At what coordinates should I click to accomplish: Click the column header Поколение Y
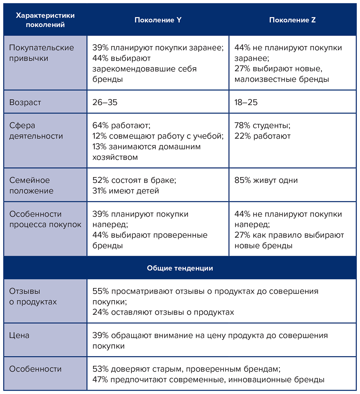coord(158,20)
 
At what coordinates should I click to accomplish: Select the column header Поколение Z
coord(292,20)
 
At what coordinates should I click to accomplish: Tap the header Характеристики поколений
coord(45,20)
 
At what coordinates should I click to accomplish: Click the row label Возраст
coord(25,102)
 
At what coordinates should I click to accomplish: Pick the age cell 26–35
coord(105,102)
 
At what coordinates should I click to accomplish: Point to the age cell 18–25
coord(246,102)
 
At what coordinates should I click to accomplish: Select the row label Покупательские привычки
coord(41,53)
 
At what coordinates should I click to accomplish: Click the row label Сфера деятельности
coord(36,131)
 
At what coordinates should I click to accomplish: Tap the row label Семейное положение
coord(31,185)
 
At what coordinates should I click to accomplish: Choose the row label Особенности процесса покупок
coord(45,219)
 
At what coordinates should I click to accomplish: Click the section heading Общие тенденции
coord(180,268)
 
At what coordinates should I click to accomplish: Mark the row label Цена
coord(19,335)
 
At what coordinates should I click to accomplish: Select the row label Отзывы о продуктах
coord(33,296)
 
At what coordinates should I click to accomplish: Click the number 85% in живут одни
coord(242,180)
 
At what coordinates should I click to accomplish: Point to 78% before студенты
coord(242,126)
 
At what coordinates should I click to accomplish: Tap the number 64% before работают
coord(100,126)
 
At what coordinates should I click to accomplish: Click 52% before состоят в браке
coord(100,180)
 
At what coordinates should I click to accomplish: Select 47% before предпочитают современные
coord(100,380)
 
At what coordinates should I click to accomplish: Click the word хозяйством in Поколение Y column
coord(115,157)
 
